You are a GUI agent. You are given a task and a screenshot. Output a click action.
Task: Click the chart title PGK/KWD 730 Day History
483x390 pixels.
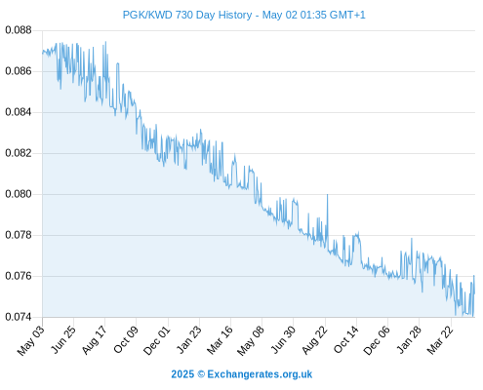pyautogui.click(x=187, y=15)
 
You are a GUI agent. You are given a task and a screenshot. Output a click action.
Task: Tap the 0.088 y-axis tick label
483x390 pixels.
pyautogui.click(x=19, y=30)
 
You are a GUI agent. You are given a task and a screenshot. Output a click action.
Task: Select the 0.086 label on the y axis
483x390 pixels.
pyautogui.click(x=19, y=71)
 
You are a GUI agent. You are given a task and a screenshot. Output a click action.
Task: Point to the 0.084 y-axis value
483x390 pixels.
pyautogui.click(x=19, y=112)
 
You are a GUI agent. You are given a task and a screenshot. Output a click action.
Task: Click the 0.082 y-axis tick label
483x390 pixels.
pyautogui.click(x=19, y=153)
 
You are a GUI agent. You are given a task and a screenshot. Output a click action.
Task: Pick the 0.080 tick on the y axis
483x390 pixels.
pyautogui.click(x=19, y=194)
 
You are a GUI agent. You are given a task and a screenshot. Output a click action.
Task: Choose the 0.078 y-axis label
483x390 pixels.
pyautogui.click(x=19, y=235)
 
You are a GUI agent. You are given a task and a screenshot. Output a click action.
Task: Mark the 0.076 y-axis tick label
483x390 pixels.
pyautogui.click(x=19, y=276)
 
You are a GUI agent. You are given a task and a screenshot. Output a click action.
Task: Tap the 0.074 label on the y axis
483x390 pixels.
pyautogui.click(x=19, y=317)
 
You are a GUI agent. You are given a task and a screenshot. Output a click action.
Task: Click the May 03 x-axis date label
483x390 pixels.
pyautogui.click(x=31, y=340)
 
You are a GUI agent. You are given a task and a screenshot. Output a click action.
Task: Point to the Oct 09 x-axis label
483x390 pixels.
pyautogui.click(x=126, y=339)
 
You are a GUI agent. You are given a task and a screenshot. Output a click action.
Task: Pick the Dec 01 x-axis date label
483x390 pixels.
pyautogui.click(x=157, y=340)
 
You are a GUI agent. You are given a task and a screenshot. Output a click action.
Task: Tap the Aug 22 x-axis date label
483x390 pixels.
pyautogui.click(x=315, y=340)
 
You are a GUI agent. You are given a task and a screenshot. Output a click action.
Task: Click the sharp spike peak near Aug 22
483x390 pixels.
pyautogui.click(x=327, y=194)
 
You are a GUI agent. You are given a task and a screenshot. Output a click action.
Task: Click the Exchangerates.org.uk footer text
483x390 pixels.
pyautogui.click(x=260, y=374)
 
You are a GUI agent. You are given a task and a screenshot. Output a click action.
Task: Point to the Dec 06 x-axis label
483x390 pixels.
pyautogui.click(x=378, y=340)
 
